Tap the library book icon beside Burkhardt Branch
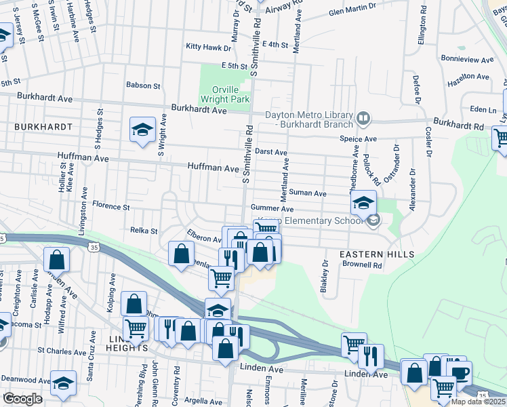(x=364, y=119)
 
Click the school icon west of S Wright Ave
(x=142, y=129)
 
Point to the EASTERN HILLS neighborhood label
(x=377, y=254)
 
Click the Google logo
(x=22, y=398)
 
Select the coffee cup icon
(x=459, y=372)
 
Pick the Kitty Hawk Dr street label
(x=209, y=47)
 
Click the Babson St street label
(x=142, y=86)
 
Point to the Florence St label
(x=110, y=206)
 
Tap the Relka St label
(x=144, y=231)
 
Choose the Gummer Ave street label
(x=271, y=208)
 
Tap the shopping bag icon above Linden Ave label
(x=414, y=372)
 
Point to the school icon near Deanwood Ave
(x=64, y=383)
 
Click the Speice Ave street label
(x=358, y=138)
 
